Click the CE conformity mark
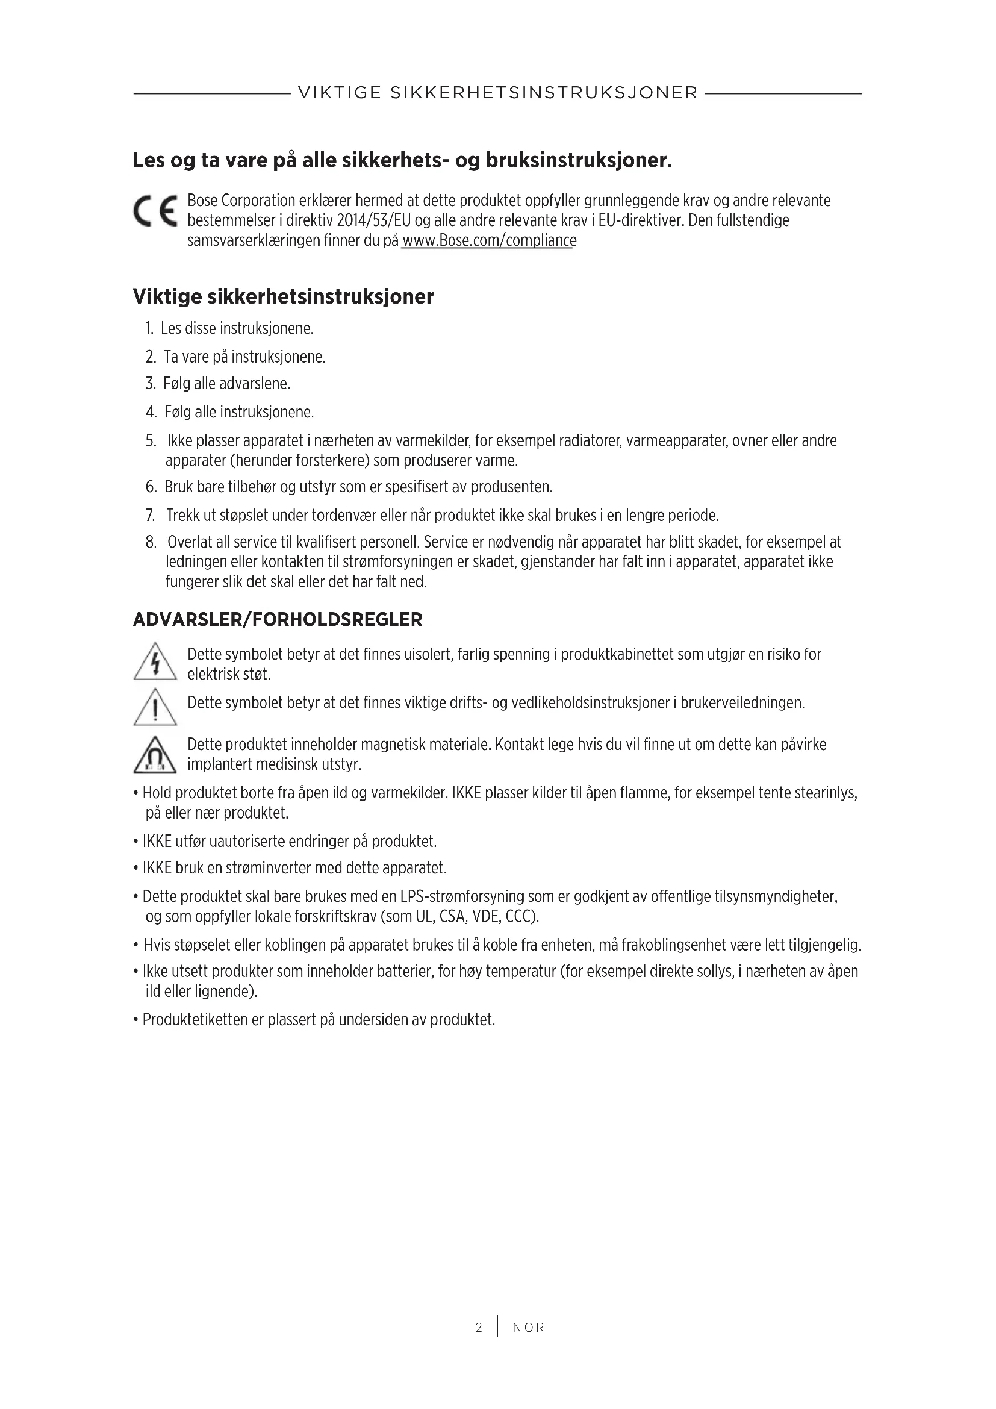pyautogui.click(x=155, y=211)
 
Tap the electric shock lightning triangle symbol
pyautogui.click(x=155, y=662)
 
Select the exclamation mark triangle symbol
pyautogui.click(x=155, y=708)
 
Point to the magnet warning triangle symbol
pyautogui.click(x=155, y=755)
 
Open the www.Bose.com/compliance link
pyautogui.click(x=489, y=240)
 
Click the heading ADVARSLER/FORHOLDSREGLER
pyautogui.click(x=278, y=620)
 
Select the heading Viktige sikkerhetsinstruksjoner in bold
pyautogui.click(x=284, y=297)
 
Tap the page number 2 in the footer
pyautogui.click(x=479, y=1328)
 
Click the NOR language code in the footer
pyautogui.click(x=529, y=1328)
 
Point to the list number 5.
pyautogui.click(x=151, y=440)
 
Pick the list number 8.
pyautogui.click(x=151, y=542)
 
